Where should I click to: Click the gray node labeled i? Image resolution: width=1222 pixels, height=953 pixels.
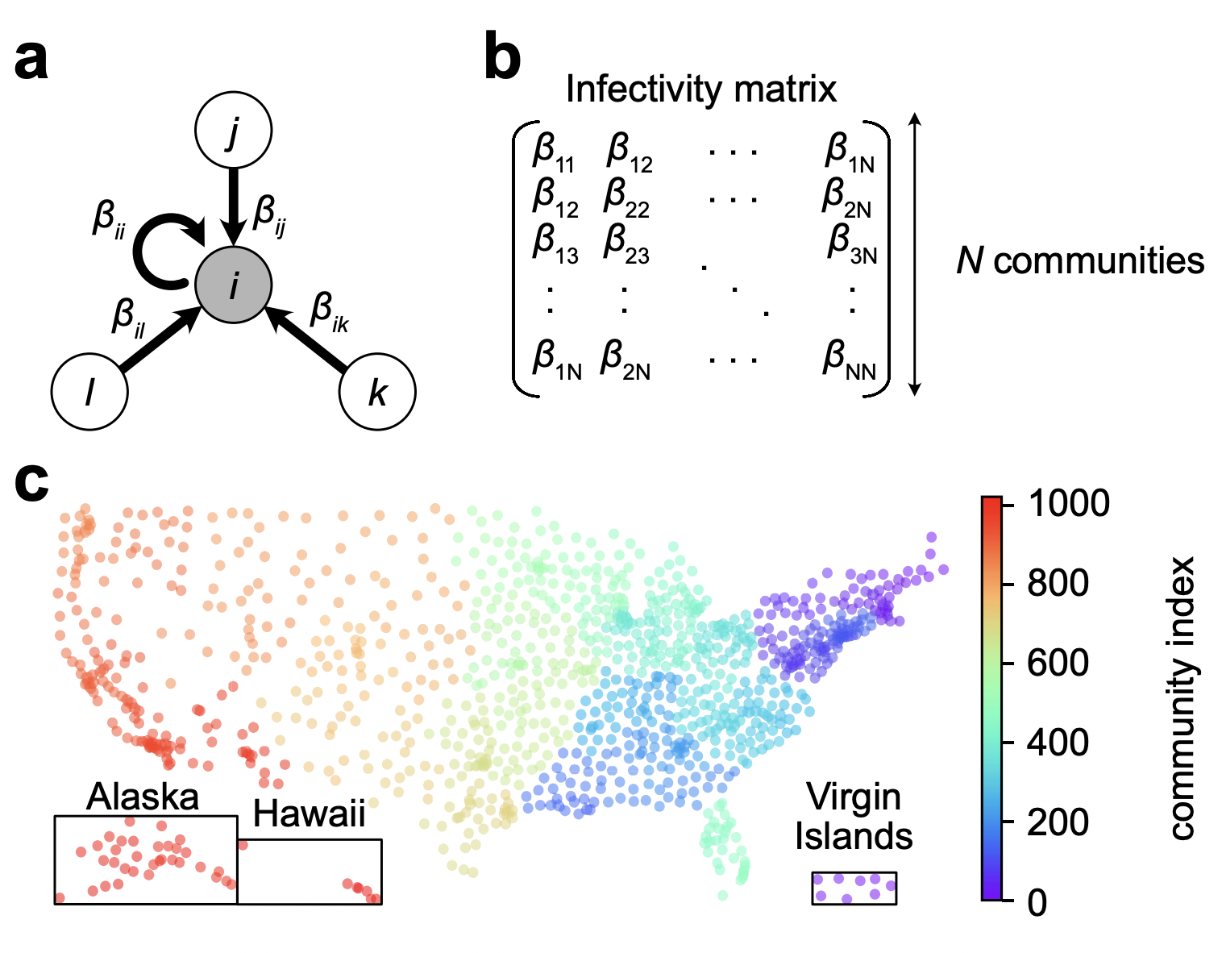[234, 285]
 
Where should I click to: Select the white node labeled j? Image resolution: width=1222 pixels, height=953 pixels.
[234, 130]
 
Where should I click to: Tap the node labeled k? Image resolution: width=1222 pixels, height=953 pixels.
[377, 391]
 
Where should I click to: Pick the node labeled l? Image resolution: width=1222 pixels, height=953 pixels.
[89, 391]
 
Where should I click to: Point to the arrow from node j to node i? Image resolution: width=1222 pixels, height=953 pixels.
[234, 207]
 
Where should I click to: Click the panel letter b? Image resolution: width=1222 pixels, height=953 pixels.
[502, 59]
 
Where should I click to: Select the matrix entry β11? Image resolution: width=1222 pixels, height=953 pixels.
[553, 152]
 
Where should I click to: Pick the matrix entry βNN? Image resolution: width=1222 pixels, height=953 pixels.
[849, 360]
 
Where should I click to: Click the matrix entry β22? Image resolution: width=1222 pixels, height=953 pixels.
[626, 198]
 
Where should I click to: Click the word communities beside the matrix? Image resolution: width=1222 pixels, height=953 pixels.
[1099, 261]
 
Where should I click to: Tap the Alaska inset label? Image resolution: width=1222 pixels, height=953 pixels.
[143, 796]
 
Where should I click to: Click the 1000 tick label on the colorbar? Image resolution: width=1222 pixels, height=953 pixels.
[1069, 502]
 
